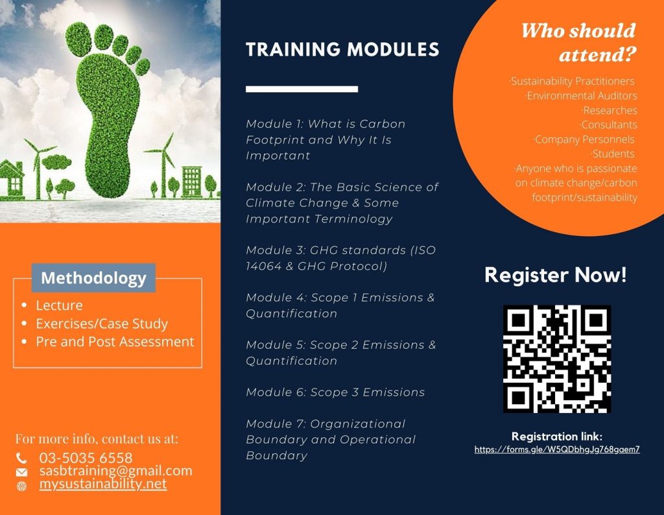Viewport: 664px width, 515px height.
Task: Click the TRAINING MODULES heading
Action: coord(342,49)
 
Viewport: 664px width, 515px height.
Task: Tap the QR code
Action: coord(556,359)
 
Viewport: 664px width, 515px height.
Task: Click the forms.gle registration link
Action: coord(556,449)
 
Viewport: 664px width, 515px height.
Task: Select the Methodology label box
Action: coord(93,278)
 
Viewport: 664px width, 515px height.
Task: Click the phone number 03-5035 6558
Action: coord(86,458)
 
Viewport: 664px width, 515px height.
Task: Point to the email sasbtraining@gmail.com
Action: coord(115,471)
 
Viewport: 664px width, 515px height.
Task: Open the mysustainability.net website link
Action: coord(102,484)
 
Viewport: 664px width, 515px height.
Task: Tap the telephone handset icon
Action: coord(22,458)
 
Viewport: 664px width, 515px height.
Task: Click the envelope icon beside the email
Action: coord(22,472)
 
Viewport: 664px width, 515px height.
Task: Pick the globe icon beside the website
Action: coord(22,485)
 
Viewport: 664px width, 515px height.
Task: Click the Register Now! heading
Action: coord(556,275)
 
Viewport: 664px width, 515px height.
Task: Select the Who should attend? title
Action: coord(578,43)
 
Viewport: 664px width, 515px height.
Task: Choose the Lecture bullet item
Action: coord(59,305)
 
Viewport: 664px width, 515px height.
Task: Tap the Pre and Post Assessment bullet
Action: coord(115,341)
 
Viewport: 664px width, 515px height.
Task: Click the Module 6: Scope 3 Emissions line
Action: coord(335,392)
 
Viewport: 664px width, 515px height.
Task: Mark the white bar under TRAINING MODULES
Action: coord(302,89)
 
